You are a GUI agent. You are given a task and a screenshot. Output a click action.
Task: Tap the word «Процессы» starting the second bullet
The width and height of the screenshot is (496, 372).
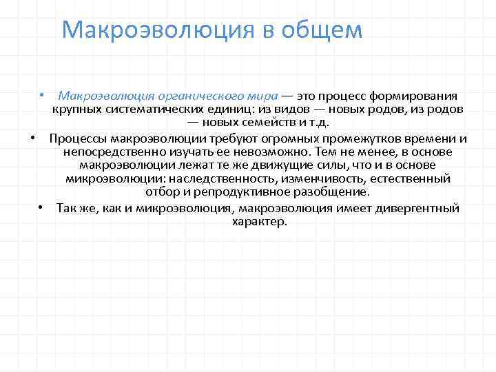pos(79,138)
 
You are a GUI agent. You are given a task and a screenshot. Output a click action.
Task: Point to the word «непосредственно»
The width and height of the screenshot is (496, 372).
pos(107,152)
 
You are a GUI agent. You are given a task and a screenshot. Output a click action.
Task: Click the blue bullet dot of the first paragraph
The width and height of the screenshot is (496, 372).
pos(42,95)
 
